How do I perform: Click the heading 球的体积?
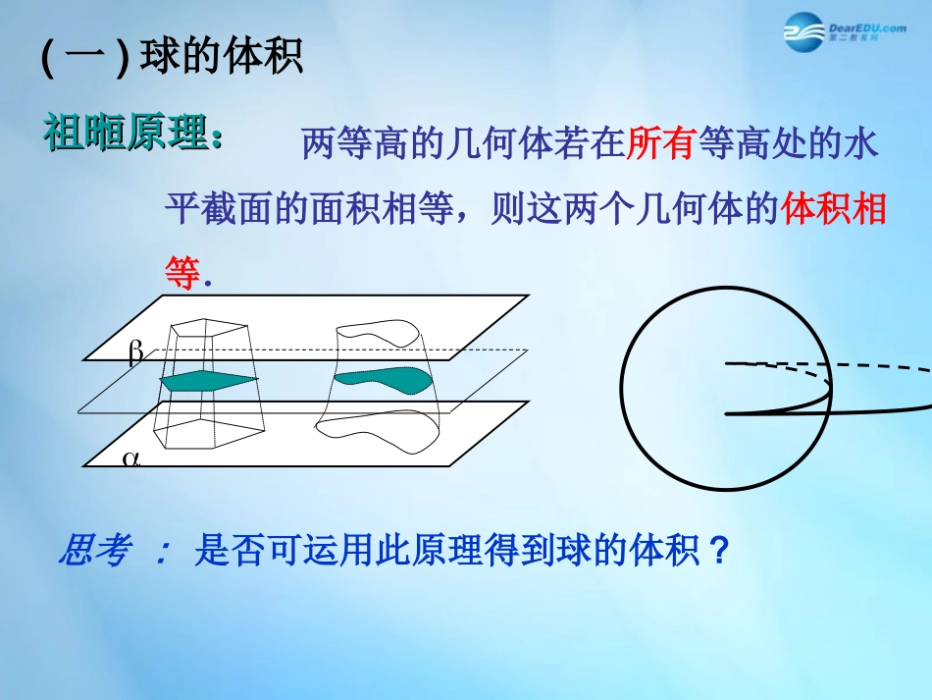tap(222, 57)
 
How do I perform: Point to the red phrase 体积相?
tap(835, 210)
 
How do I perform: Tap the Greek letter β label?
tap(135, 352)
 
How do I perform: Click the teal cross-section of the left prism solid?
tap(208, 381)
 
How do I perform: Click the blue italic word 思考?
tap(94, 552)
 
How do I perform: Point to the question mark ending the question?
tap(719, 551)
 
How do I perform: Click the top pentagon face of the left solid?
tap(210, 332)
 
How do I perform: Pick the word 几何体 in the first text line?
tap(477, 146)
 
